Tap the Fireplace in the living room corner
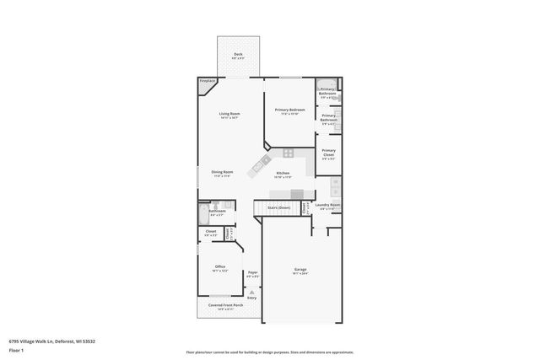(207, 83)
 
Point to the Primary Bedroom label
(289, 110)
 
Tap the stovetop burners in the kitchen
(288, 153)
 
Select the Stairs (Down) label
(278, 207)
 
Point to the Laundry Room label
(327, 205)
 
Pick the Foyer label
(252, 272)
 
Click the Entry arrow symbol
(251, 291)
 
